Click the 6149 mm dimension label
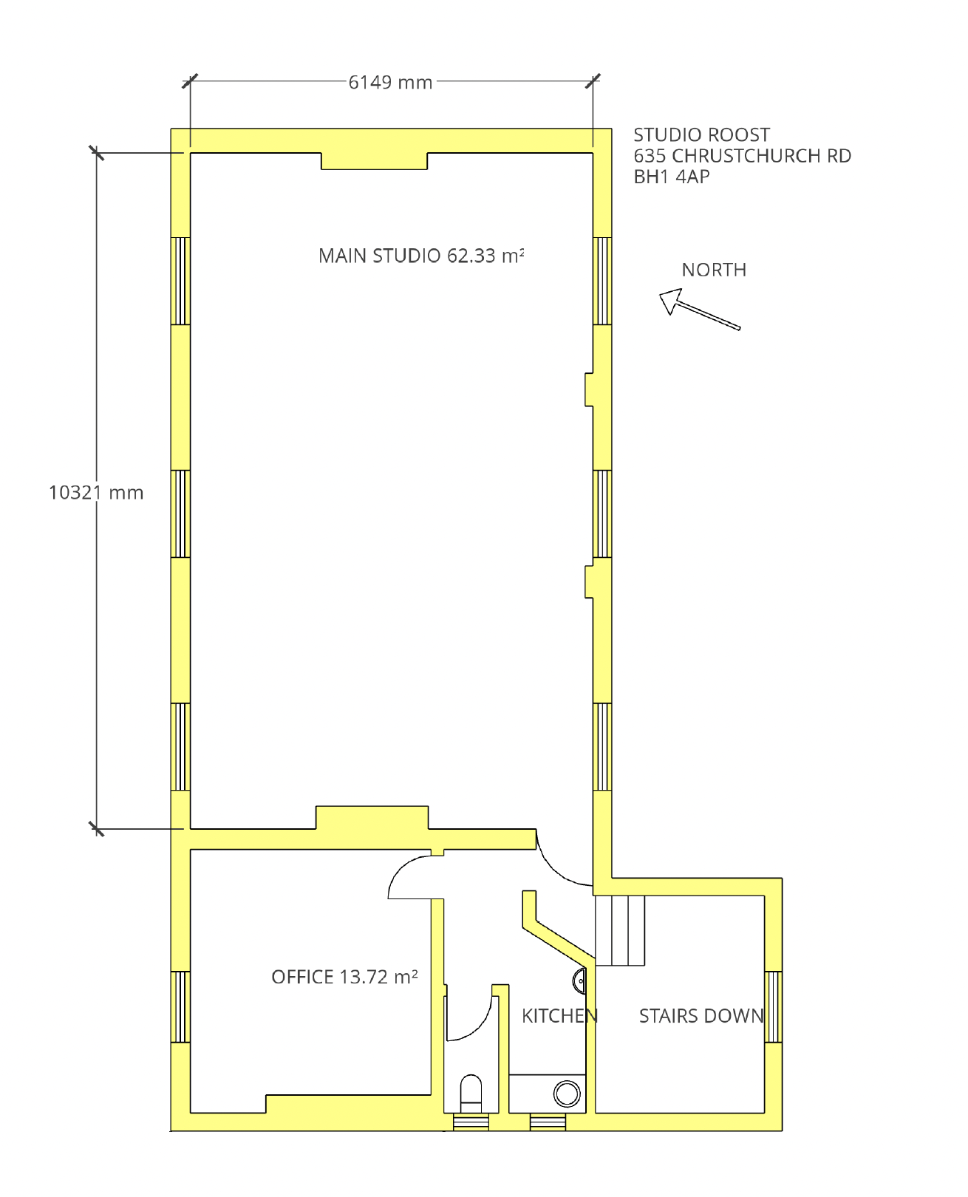[390, 83]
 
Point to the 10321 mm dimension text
[96, 493]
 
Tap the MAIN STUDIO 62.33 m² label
[420, 256]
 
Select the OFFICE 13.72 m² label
[344, 978]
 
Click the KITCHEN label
[559, 1016]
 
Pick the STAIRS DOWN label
[702, 1016]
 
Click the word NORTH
[714, 270]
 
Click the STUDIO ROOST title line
[702, 135]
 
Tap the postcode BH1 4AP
[672, 177]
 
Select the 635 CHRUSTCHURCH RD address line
[742, 156]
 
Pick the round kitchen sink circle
[566, 1094]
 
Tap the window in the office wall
[180, 1007]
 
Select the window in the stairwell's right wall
[774, 1007]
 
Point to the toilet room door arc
[482, 1027]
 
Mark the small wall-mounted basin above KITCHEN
[579, 981]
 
